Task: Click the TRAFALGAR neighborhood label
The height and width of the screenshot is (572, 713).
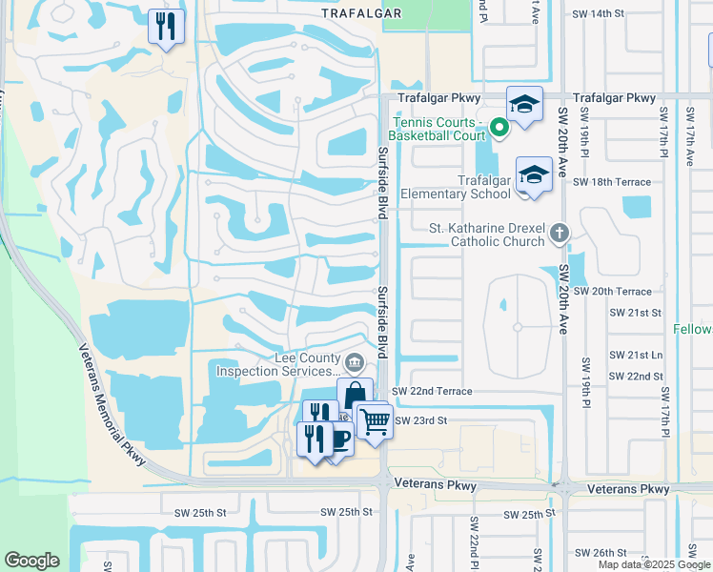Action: point(361,13)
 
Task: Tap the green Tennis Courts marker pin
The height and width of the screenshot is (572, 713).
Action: point(499,125)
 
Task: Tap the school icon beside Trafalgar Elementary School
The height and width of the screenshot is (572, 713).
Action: point(534,175)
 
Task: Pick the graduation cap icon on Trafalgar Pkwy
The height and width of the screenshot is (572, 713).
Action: point(524,104)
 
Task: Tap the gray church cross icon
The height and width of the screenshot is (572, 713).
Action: point(561,232)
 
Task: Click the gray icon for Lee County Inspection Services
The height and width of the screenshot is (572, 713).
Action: point(354,360)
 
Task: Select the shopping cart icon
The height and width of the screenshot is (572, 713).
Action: point(375,419)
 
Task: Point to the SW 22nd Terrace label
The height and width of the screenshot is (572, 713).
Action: point(432,392)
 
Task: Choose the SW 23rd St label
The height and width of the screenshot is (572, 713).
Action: point(420,420)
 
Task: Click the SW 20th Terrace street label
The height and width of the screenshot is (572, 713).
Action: point(619,292)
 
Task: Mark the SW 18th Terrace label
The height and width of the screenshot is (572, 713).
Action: point(618,182)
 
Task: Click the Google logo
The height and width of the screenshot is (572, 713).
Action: point(31,561)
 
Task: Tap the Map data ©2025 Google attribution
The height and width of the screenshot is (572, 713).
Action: point(653,564)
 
